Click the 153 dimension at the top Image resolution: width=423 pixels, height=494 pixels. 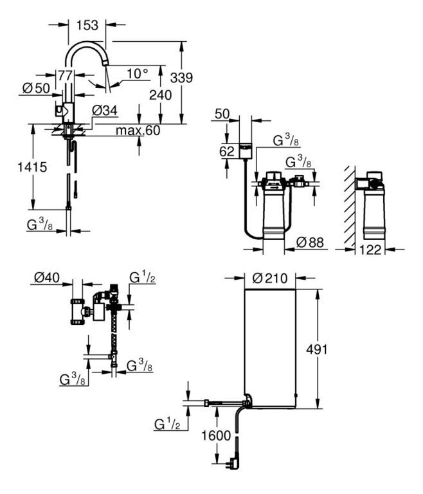[87, 25]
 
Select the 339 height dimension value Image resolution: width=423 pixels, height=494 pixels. [181, 77]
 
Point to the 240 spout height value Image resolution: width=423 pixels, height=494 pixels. [160, 95]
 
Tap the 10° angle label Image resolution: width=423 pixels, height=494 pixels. [137, 74]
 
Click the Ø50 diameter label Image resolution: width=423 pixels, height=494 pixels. [36, 88]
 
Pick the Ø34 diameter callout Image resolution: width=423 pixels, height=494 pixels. [105, 111]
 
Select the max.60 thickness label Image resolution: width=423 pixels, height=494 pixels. [138, 130]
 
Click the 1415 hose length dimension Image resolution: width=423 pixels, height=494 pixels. [32, 167]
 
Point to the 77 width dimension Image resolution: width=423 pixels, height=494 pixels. [65, 76]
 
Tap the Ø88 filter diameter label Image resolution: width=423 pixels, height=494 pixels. [310, 242]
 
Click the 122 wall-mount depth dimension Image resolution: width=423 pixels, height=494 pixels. [370, 250]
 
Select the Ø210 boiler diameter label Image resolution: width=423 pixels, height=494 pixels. [270, 278]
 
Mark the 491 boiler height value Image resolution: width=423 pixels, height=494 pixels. [317, 349]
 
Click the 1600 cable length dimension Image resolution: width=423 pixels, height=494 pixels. [216, 435]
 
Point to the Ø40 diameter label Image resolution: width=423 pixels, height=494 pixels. [47, 278]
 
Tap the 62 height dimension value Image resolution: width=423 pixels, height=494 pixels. [227, 152]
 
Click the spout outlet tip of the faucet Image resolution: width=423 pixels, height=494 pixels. [105, 63]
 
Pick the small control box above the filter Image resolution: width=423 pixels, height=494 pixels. [246, 151]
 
